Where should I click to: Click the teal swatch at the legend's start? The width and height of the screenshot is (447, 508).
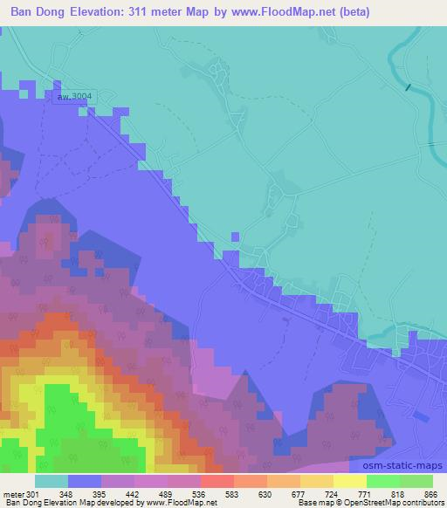coord(52,480)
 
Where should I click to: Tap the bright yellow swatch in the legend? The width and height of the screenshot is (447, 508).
coord(349,480)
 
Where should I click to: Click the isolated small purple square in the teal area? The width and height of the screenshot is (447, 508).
coord(234,236)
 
